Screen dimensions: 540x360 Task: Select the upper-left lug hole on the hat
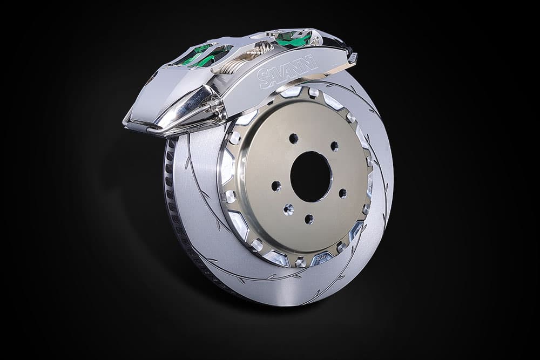293,138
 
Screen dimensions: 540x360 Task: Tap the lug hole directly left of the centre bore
276,186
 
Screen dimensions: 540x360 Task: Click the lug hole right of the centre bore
342,193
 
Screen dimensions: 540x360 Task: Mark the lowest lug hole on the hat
309,219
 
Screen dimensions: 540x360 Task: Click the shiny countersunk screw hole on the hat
288,208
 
